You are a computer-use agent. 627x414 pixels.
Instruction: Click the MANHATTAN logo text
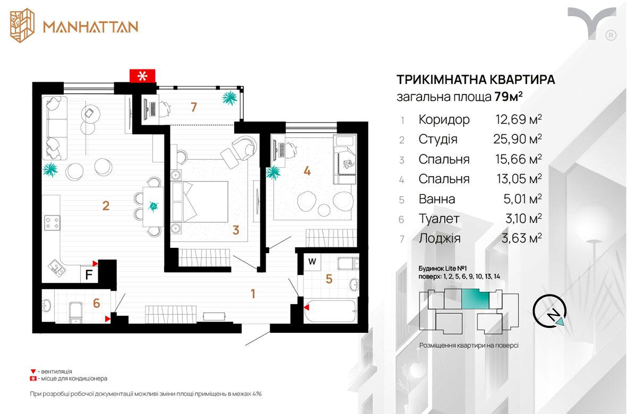90,27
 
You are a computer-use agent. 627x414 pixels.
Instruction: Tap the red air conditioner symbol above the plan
142,75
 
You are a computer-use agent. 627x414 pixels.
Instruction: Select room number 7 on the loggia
194,107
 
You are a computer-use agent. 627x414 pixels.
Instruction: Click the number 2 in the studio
106,205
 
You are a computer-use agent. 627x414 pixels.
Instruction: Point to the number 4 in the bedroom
307,171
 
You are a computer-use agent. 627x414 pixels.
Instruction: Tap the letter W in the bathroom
312,262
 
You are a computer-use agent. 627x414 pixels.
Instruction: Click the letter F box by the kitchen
89,274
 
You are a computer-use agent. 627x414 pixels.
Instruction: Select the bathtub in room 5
330,312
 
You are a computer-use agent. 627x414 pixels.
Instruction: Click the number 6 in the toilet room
96,303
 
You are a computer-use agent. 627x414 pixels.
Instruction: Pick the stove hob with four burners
52,222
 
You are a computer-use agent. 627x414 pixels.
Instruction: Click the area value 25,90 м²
518,139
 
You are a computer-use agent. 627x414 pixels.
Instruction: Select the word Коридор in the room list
444,119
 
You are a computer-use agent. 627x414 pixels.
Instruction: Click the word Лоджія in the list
439,238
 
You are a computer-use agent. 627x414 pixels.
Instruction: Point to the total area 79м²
509,97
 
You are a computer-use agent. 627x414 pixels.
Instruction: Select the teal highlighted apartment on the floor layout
476,300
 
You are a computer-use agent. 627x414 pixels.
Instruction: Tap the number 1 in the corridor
253,294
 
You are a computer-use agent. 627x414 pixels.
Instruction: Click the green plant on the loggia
230,98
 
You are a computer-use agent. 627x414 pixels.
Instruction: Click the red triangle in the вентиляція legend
33,372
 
